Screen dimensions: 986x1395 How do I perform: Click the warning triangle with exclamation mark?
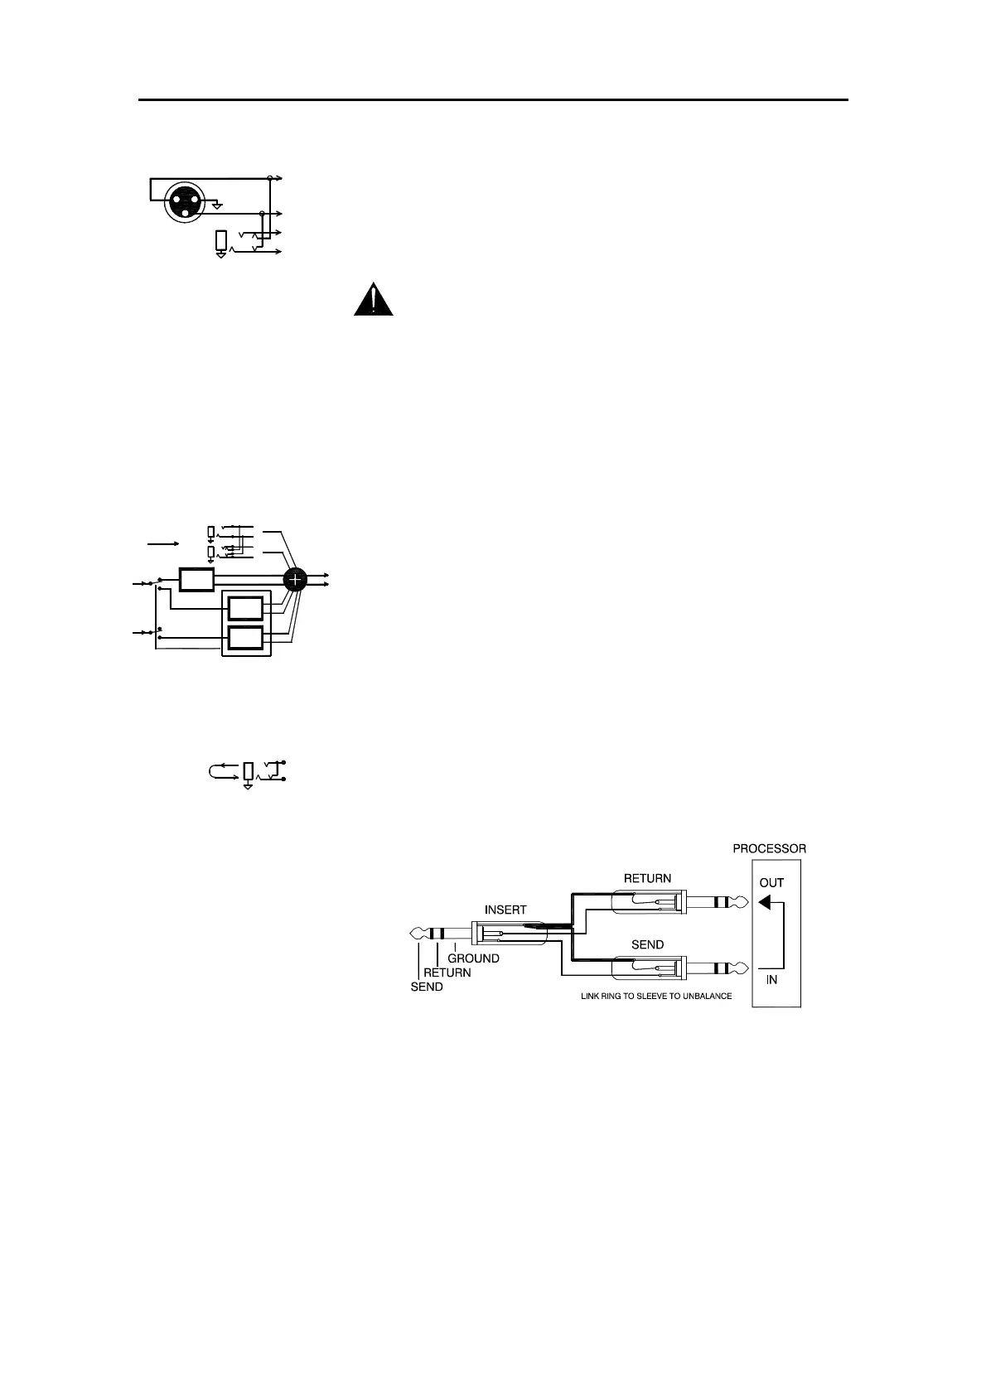[374, 300]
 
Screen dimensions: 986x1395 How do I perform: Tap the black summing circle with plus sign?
[296, 580]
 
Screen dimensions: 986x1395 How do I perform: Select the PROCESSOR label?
[769, 848]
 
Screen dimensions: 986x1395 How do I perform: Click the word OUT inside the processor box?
[771, 883]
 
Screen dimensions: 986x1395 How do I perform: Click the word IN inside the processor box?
[771, 979]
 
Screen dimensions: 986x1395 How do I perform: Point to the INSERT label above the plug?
[505, 910]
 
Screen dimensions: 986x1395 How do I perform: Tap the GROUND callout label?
[473, 958]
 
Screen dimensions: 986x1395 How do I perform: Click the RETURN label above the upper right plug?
[647, 878]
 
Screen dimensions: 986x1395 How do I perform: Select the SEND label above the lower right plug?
[647, 944]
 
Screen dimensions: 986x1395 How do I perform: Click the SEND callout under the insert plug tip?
[427, 987]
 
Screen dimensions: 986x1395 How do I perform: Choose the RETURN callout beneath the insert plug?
[447, 973]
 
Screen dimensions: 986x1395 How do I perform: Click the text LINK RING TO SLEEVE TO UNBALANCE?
[655, 996]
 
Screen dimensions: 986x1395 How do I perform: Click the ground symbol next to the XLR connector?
[217, 205]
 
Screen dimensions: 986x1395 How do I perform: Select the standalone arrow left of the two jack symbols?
[163, 543]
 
